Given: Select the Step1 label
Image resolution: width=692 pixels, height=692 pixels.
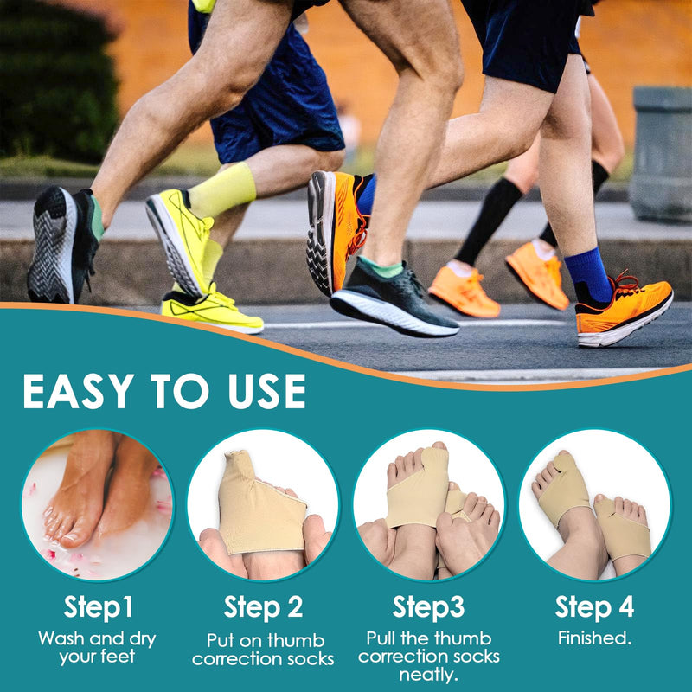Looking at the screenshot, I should coord(99,607).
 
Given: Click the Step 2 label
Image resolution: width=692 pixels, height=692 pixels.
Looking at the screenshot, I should coord(264,607).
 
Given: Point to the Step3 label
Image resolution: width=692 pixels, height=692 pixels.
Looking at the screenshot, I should coord(428,607).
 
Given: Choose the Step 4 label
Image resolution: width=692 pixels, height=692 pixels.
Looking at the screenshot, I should coord(594,607).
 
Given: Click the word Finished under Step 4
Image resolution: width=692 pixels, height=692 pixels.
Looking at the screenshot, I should coord(594,638).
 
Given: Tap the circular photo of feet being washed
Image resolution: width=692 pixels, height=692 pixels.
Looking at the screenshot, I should coord(98,504).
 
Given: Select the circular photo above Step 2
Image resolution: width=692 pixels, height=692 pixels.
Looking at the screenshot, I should coord(263,504).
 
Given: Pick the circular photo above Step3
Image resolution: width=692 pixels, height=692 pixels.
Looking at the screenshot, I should coord(429,504).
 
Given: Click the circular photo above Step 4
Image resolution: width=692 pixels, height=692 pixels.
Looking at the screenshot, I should coord(594,504).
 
